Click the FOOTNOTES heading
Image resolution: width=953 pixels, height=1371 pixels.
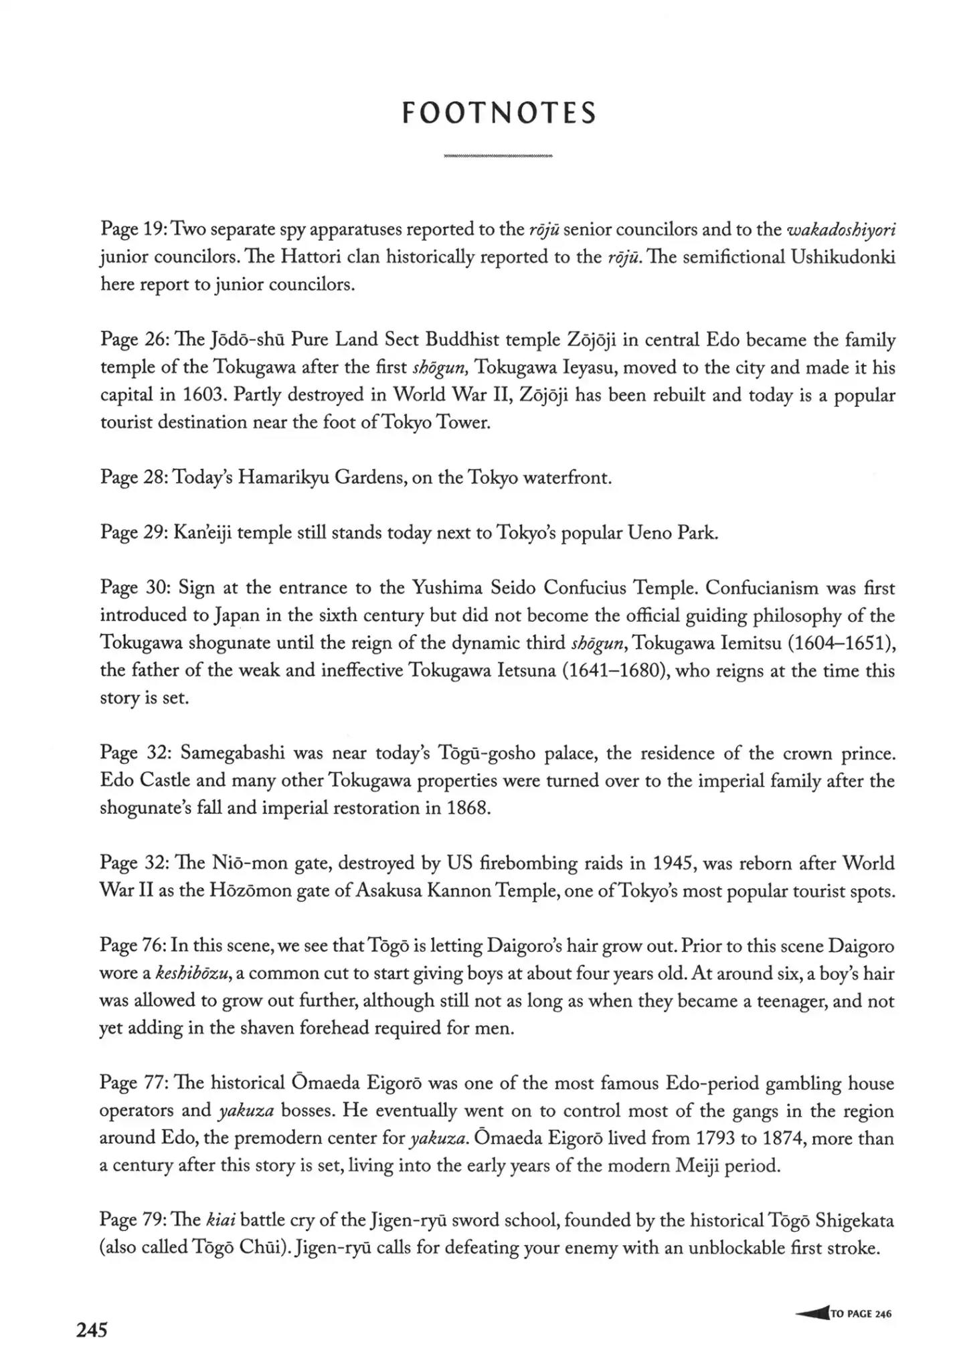499,113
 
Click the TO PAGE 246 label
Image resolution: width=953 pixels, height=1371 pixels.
861,1313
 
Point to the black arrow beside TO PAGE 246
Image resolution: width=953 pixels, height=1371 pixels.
812,1313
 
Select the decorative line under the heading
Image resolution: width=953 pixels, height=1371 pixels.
499,156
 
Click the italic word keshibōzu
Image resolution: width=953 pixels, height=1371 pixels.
194,973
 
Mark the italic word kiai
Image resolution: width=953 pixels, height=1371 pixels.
220,1220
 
